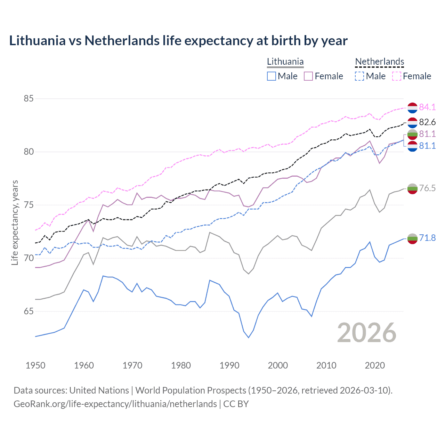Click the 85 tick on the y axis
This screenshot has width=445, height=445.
29,99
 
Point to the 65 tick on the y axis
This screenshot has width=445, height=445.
29,311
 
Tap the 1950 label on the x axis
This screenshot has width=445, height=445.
35,365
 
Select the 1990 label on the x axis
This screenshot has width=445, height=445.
229,365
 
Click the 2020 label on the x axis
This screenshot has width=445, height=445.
375,365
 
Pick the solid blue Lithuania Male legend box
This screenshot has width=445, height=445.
272,76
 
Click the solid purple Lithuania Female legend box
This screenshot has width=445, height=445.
308,76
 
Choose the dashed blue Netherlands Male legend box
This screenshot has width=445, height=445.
359,76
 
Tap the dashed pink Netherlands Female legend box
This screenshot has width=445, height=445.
397,76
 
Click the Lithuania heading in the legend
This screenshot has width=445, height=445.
285,62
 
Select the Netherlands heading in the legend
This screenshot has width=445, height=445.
379,62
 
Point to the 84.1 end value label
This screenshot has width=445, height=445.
427,107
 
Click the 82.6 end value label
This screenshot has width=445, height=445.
427,122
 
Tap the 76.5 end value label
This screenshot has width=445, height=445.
427,188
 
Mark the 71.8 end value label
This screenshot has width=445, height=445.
427,238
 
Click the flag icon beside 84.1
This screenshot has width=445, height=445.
412,108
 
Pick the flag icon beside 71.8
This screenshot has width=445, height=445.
412,238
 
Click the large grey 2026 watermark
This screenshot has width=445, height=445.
367,333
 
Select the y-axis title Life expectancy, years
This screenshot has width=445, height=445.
15,222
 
